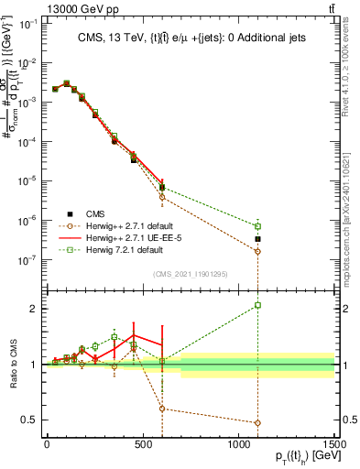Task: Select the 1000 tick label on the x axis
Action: [x=238, y=443]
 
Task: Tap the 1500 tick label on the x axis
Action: [x=334, y=443]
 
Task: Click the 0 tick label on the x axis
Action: [x=47, y=443]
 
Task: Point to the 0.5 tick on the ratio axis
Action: [x=28, y=420]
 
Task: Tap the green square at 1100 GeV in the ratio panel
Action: [x=257, y=305]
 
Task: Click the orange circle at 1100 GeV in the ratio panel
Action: [x=257, y=423]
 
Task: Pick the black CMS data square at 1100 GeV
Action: [x=257, y=239]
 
